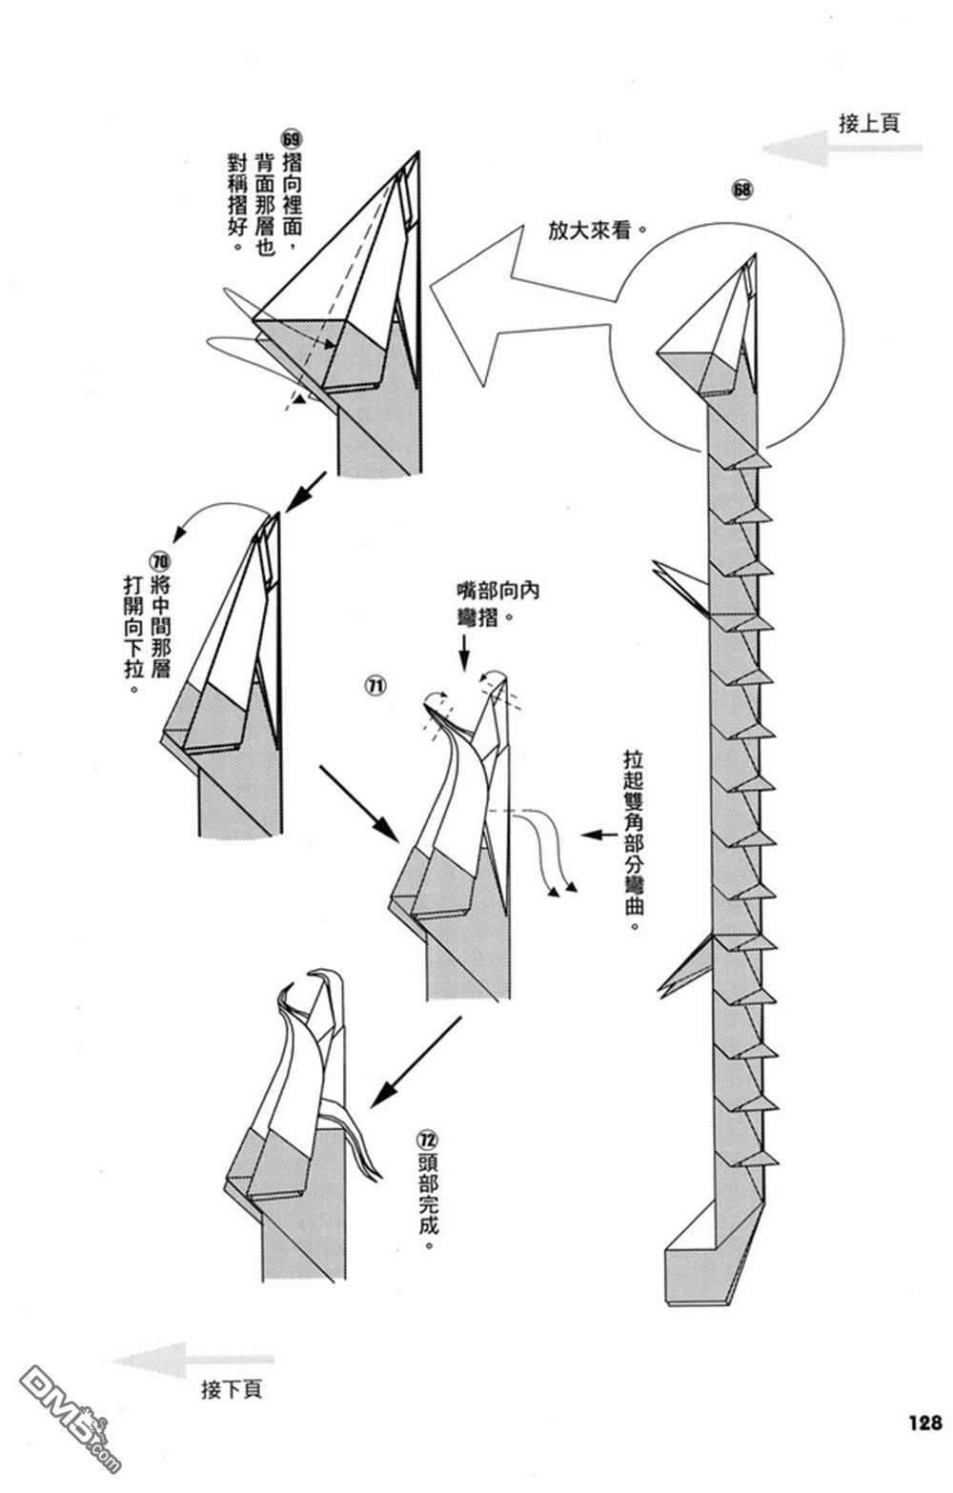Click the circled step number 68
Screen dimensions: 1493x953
point(741,189)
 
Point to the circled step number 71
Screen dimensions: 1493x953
point(375,684)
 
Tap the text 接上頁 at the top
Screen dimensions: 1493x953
point(869,123)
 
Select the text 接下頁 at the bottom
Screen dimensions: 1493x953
point(232,1390)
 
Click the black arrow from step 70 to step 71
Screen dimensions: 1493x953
point(360,803)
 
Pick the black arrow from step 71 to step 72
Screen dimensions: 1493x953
point(416,1060)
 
